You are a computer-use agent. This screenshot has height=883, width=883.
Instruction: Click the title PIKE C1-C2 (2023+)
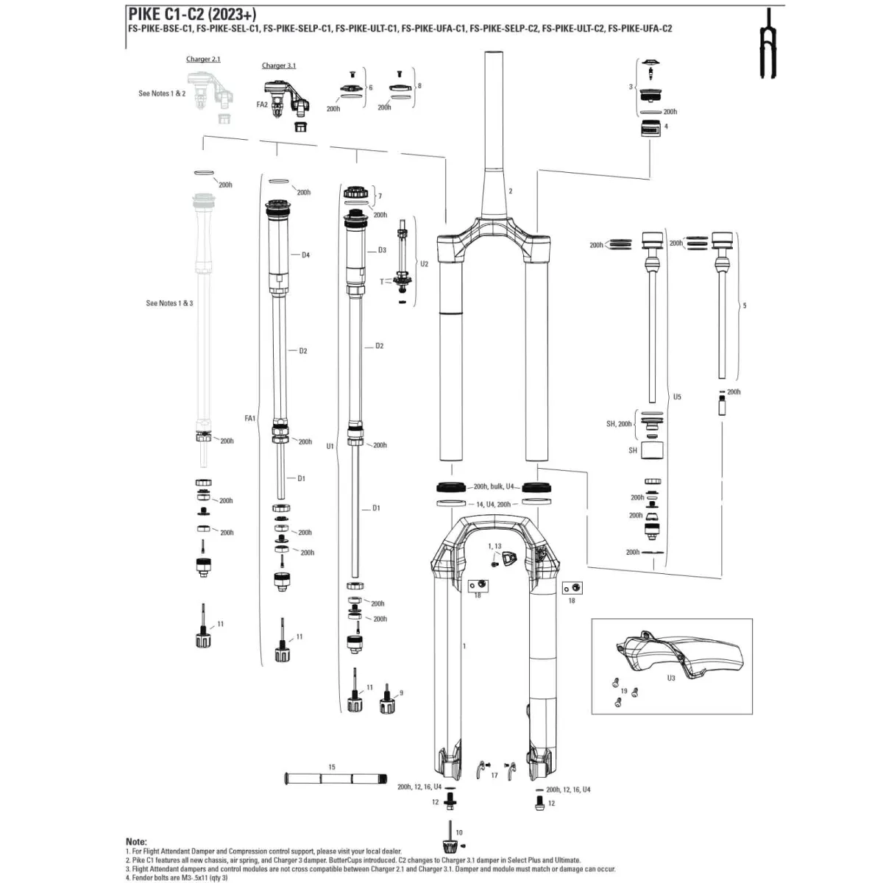(x=192, y=13)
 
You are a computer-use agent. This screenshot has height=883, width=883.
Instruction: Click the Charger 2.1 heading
(x=202, y=59)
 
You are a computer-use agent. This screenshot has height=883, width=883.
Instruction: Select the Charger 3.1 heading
(x=279, y=65)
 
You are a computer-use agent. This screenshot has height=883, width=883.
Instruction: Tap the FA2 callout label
(x=262, y=105)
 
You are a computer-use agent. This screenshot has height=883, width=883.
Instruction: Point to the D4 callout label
(x=305, y=255)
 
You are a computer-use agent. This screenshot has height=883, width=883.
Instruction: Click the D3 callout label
(x=382, y=250)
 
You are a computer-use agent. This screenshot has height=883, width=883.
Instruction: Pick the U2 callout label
(x=424, y=263)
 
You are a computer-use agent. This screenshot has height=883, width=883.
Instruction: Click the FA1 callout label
(x=249, y=418)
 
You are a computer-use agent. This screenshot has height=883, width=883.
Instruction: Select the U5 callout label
(x=677, y=397)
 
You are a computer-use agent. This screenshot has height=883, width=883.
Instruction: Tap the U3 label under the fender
(x=671, y=678)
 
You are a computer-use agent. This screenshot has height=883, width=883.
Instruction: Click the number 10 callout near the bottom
(x=459, y=832)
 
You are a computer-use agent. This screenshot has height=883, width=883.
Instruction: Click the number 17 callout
(x=494, y=775)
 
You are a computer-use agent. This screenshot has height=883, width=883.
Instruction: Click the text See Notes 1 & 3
(x=169, y=303)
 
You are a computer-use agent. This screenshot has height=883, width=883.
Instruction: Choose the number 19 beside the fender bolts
(x=624, y=691)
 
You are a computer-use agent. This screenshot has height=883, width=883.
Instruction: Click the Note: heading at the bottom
(x=136, y=841)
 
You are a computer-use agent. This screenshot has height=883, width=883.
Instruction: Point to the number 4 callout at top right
(x=666, y=127)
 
